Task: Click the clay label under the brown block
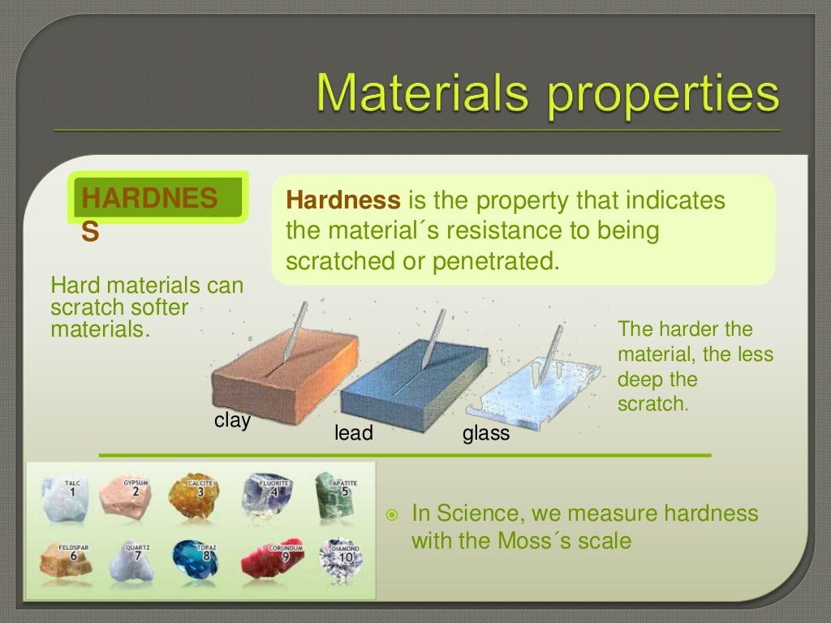232,420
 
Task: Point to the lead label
353,434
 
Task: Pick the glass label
485,434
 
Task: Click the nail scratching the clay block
295,330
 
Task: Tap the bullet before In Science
392,515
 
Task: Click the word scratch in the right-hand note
652,404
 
